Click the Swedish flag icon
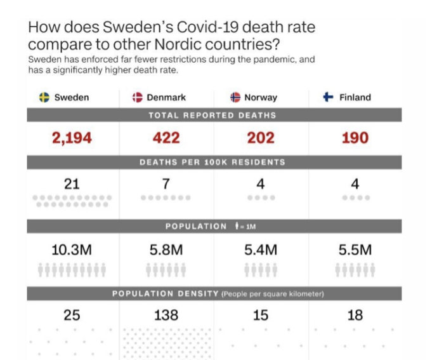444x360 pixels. click(x=44, y=97)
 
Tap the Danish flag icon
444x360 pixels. click(x=137, y=97)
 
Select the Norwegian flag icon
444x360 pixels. click(x=235, y=97)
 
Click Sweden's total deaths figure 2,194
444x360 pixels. click(x=72, y=138)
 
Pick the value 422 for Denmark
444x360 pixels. click(x=166, y=138)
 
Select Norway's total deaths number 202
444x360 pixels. click(x=261, y=138)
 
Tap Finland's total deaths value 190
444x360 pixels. click(x=355, y=138)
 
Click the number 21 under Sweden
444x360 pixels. click(x=72, y=184)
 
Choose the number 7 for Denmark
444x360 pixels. click(x=166, y=184)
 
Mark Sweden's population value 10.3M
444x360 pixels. click(x=72, y=250)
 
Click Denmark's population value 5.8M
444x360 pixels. click(x=166, y=250)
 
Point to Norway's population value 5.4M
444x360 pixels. click(x=261, y=250)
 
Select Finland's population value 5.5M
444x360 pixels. click(x=355, y=250)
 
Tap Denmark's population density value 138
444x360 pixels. click(x=166, y=314)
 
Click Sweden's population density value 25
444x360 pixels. click(x=72, y=314)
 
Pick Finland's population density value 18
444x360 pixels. click(x=355, y=314)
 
